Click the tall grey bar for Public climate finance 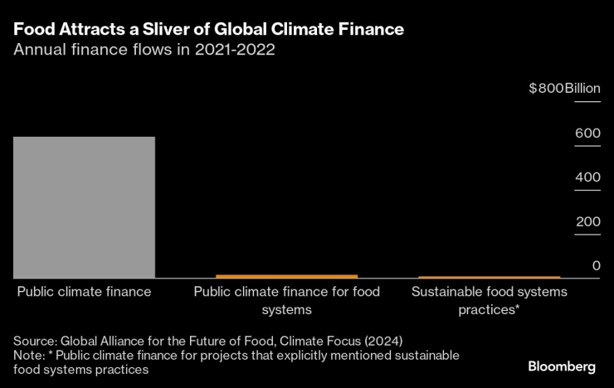pos(84,207)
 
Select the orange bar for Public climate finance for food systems pos(286,276)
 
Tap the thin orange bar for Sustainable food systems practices pos(489,277)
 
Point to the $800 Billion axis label pos(563,89)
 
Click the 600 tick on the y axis pos(587,133)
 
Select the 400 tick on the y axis pos(587,177)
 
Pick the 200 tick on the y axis pos(587,221)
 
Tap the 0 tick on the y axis pos(596,265)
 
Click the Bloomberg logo pos(562,366)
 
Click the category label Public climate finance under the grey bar pos(84,292)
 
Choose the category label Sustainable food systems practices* pos(489,300)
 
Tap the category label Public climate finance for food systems pos(286,300)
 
